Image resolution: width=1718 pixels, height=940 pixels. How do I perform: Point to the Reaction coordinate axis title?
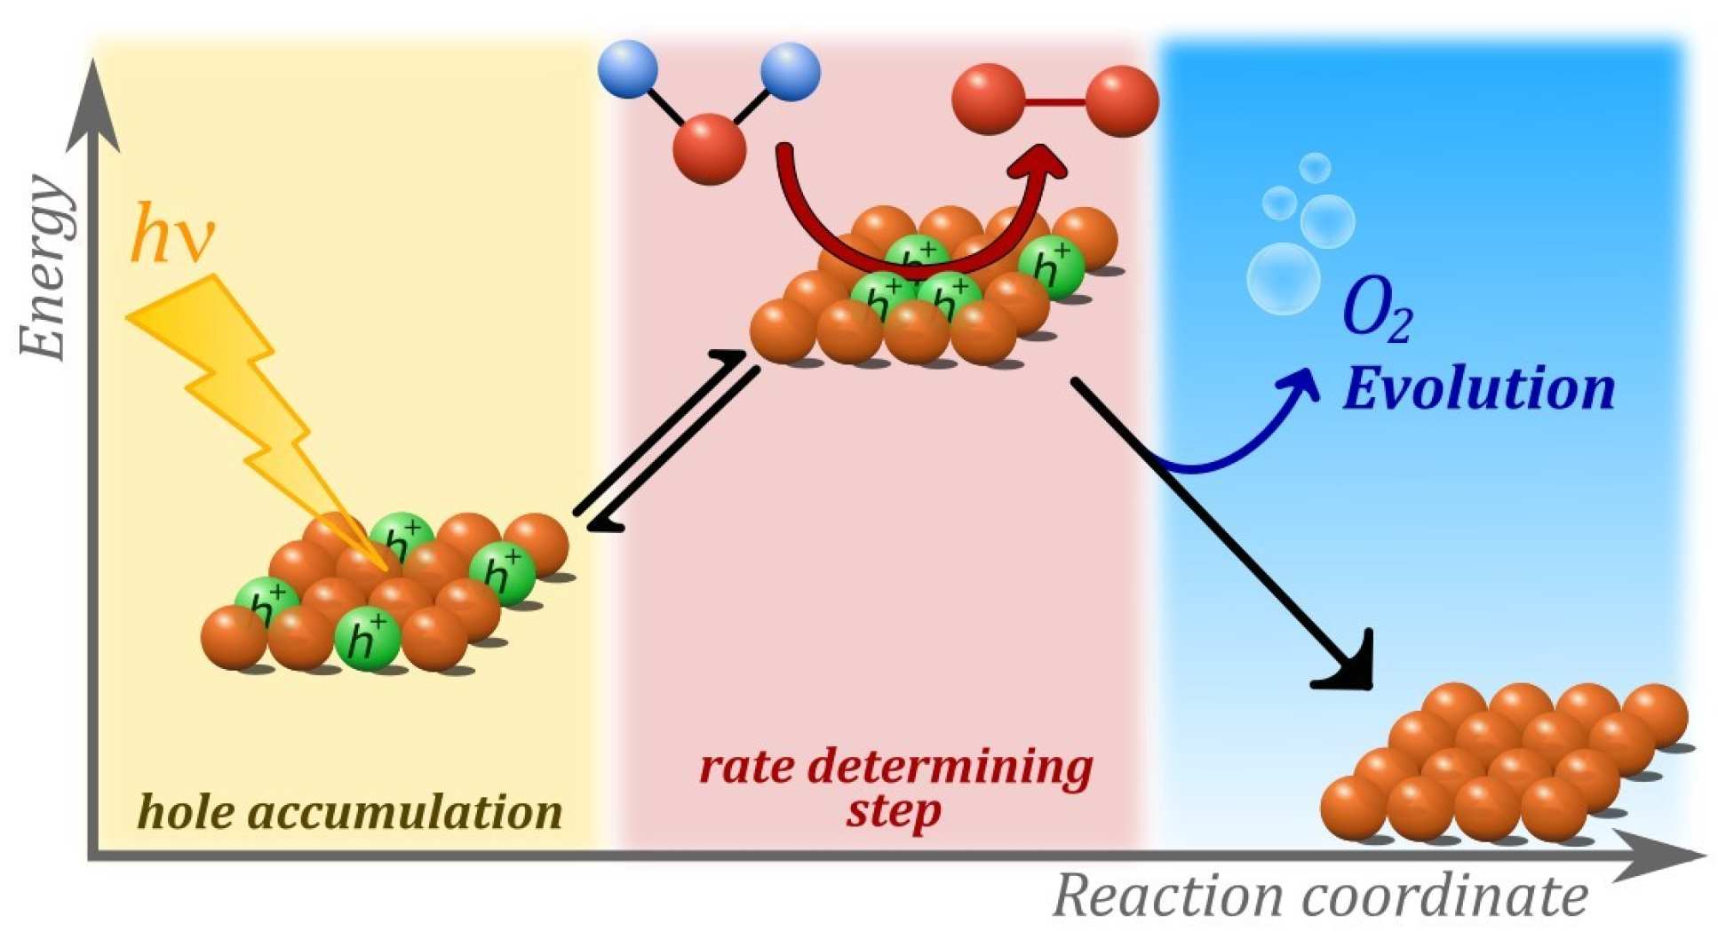pos(1320,896)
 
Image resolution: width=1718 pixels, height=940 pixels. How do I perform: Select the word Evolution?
pos(1478,389)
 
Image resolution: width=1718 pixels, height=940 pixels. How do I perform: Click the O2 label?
pos(1376,313)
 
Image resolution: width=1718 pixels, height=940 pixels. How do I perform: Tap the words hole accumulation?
pos(351,811)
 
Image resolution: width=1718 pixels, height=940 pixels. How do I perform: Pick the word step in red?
pos(894,810)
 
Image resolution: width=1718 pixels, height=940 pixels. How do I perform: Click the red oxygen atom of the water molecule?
pos(709,149)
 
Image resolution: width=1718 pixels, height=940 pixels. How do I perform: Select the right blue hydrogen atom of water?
pos(790,71)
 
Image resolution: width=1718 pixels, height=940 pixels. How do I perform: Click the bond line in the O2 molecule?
pos(1055,102)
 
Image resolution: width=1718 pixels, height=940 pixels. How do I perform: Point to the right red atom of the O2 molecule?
pos(1122,100)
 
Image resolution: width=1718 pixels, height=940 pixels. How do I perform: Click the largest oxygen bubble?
pos(1283,278)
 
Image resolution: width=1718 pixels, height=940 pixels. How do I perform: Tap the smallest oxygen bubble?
pos(1314,168)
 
